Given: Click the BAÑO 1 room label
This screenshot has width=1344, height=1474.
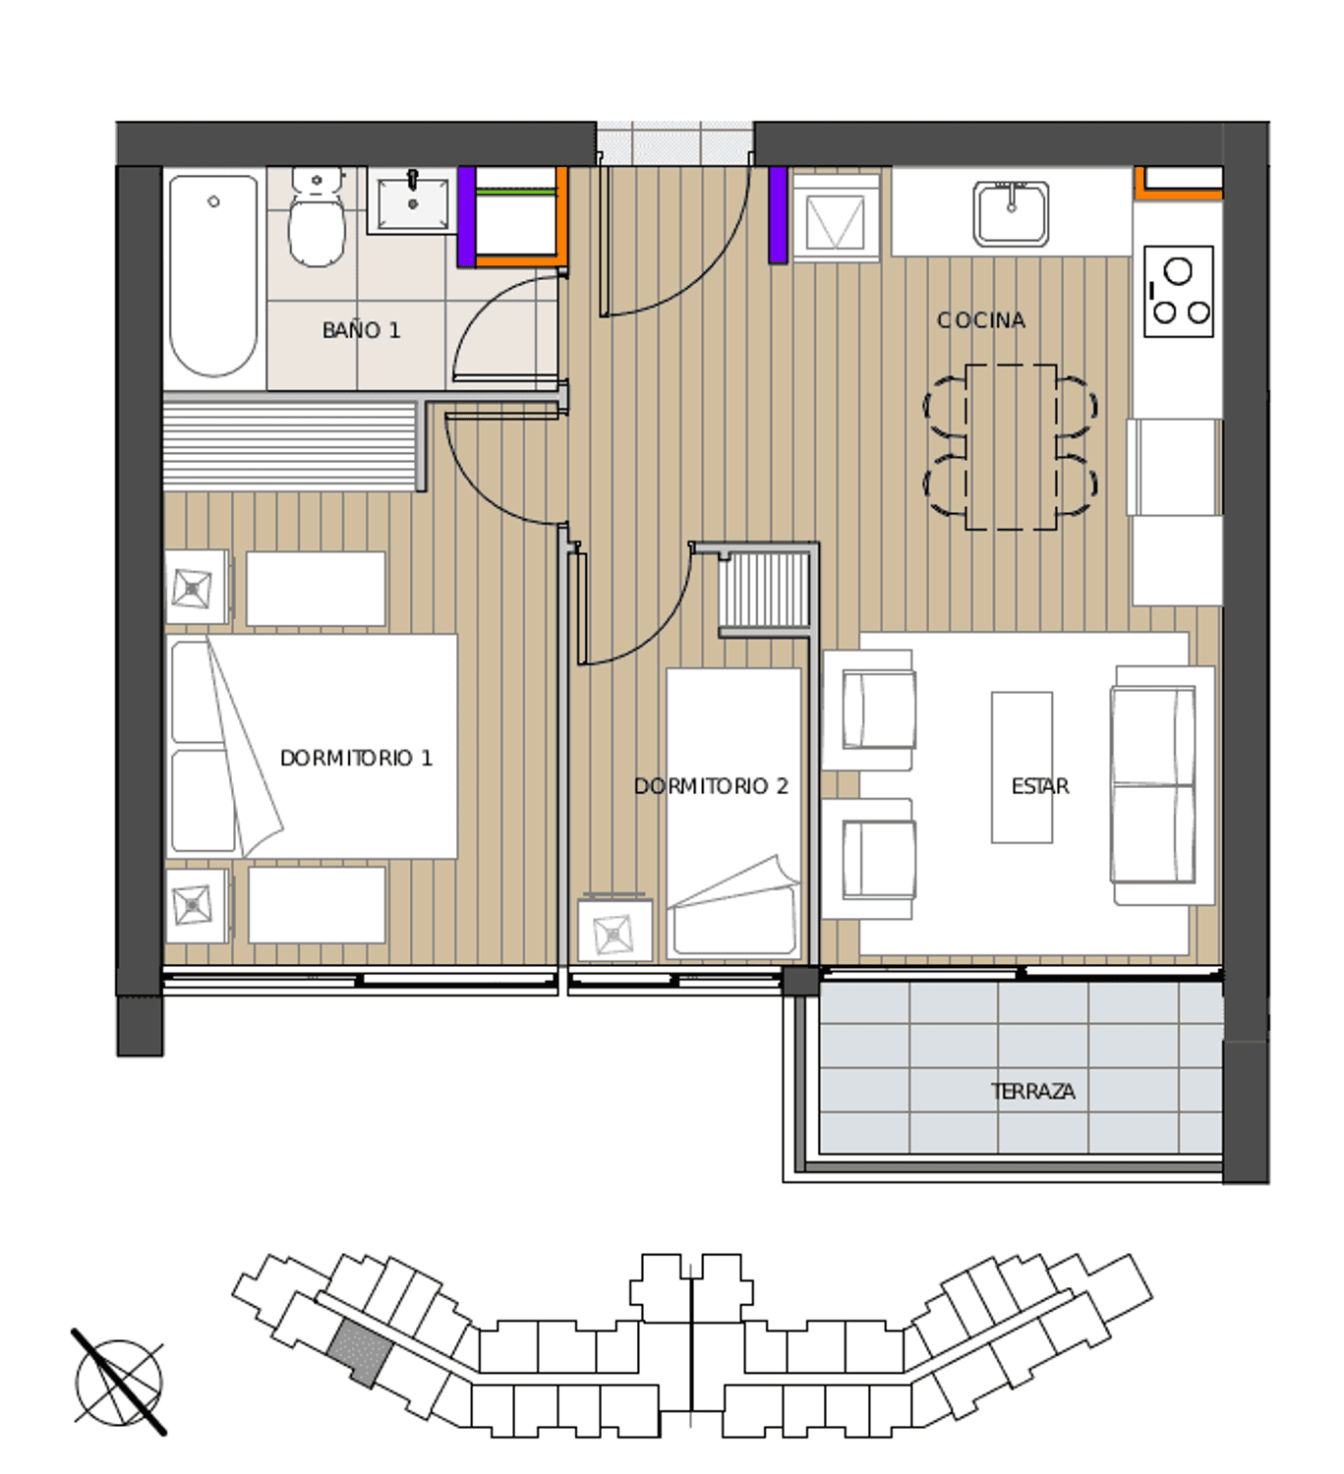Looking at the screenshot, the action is point(361,330).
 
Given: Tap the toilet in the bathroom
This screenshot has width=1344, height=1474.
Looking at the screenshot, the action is point(317,216).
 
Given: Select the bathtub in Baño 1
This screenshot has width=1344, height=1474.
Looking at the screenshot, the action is point(213,275).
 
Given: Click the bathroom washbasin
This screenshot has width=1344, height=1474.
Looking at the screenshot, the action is point(412,200).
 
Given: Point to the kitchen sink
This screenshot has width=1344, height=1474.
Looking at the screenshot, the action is point(1011,214).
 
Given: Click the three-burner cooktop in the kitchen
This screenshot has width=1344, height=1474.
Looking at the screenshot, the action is point(1178,292).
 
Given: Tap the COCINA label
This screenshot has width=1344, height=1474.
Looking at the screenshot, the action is point(981,320).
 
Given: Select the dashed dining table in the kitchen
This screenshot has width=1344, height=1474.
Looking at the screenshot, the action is point(1011,447).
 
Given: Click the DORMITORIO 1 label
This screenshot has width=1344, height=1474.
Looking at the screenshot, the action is point(356,758).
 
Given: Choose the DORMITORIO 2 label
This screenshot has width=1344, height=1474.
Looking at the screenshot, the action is point(711,786).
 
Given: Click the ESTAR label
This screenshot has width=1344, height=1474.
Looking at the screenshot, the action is point(1039,786).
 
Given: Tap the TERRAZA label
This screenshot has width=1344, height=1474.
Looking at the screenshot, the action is point(1032,1091).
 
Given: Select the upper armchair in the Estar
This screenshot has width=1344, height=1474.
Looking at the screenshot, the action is point(869,709).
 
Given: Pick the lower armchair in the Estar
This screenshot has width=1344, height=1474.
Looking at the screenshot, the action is point(869,859).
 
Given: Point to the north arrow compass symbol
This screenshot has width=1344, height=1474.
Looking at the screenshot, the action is point(118,1383).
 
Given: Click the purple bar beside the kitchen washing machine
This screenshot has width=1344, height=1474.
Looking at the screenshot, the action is point(778,214).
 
